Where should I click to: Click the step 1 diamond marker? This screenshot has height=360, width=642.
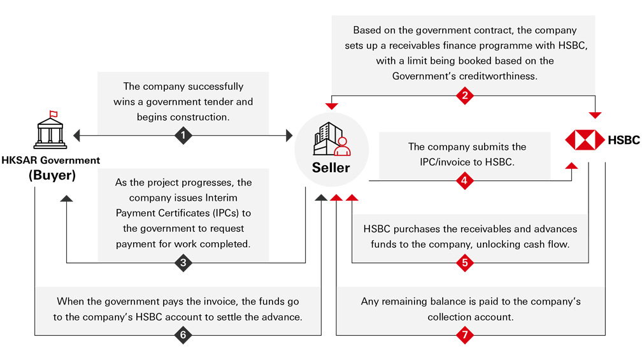tap(183, 135)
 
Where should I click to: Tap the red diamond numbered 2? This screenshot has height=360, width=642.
tap(465, 96)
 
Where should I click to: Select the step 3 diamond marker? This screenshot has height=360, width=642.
tap(183, 263)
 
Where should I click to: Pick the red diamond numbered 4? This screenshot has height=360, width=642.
tap(465, 182)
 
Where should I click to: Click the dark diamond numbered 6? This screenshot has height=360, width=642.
tap(183, 335)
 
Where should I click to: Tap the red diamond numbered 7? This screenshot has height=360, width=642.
tap(465, 335)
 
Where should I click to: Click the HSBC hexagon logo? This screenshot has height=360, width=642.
tap(585, 140)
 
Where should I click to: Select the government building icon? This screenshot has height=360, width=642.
tap(50, 131)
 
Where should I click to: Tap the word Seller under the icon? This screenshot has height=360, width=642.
tap(331, 168)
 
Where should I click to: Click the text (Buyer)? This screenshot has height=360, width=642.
tap(51, 175)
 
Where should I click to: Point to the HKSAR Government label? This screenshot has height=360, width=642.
tap(51, 161)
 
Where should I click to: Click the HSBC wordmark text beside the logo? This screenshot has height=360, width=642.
tap(624, 140)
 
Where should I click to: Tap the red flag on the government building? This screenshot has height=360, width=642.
tap(53, 114)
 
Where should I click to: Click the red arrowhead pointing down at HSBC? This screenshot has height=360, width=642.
tap(595, 115)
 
